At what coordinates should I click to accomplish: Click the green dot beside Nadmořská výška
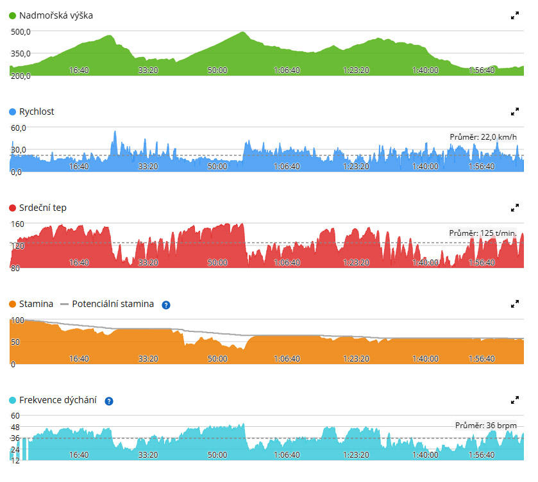pos(12,16)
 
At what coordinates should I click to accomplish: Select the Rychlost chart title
pos(37,112)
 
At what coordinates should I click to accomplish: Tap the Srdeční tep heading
pos(43,208)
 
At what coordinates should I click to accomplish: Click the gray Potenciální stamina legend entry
pos(106,304)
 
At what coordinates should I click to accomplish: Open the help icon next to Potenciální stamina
pos(166,305)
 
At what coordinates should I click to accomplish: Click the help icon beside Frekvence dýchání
pos(109,401)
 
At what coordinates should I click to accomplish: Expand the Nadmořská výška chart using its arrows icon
pos(515,15)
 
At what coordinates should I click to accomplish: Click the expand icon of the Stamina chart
pos(515,304)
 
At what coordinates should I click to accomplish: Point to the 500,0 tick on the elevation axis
pos(21,32)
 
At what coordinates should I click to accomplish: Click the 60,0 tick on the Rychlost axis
pos(19,128)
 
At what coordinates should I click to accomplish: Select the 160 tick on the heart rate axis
pos(17,224)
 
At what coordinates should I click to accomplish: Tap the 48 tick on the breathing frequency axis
pos(15,427)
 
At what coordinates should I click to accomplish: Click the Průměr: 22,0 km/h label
pos(483,137)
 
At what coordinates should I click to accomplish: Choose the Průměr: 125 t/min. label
pos(483,233)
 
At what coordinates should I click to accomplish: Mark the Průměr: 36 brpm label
pos(486,426)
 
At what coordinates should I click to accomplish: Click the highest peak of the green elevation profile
pos(242,32)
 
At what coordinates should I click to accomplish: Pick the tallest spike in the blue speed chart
pos(115,131)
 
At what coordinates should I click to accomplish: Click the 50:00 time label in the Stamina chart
pos(217,358)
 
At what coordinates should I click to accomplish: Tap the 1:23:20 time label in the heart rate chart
pos(356,262)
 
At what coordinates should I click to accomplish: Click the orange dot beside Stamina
pos(12,304)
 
